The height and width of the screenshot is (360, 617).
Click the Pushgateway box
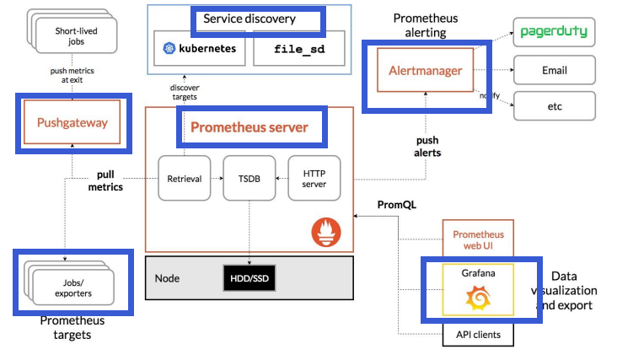[x=72, y=123]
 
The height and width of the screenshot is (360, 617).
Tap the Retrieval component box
[x=184, y=178]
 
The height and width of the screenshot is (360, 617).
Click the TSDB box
[x=249, y=178]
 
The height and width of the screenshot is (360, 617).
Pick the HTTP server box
[x=314, y=178]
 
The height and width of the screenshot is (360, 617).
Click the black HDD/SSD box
[x=250, y=278]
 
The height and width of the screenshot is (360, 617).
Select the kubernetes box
[x=201, y=49]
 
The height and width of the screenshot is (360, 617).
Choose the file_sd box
[x=298, y=49]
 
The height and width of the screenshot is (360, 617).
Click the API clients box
[x=477, y=335]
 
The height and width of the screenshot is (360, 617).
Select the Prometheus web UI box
[x=477, y=239]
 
